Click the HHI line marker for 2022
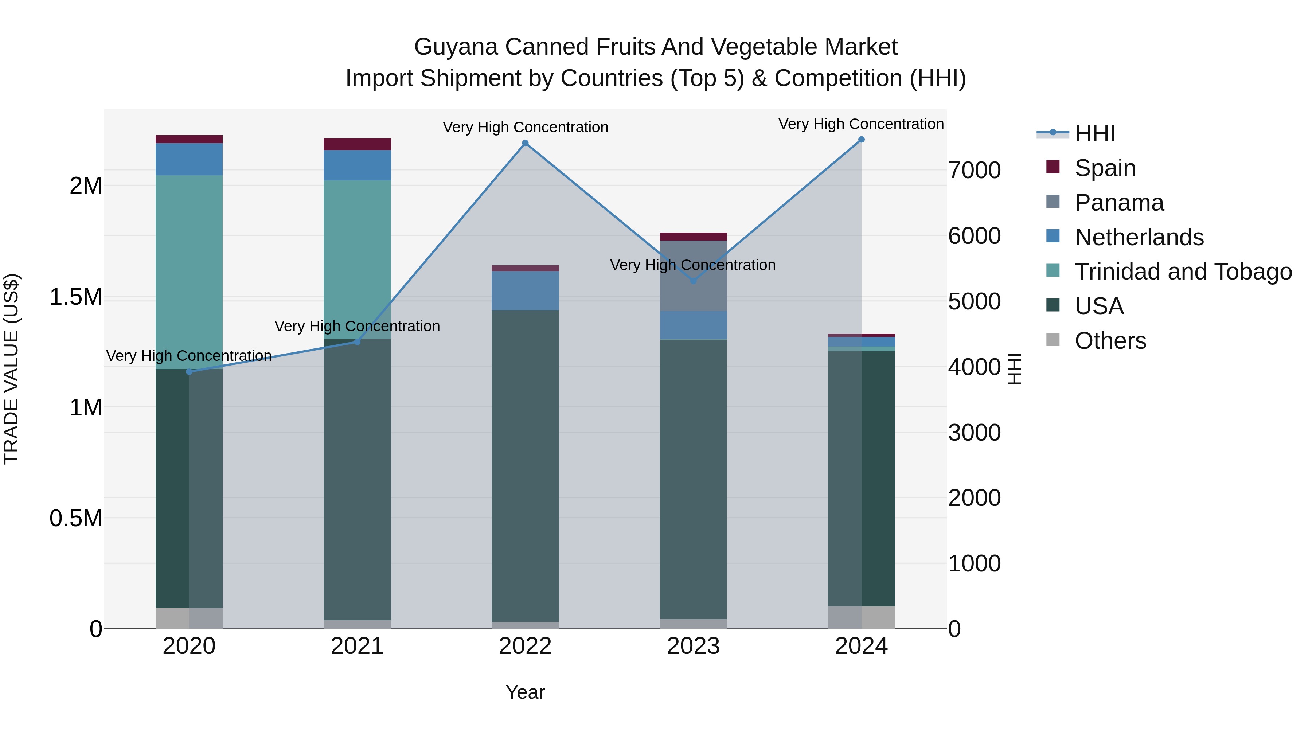(525, 143)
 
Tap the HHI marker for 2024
(861, 140)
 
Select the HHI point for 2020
(189, 372)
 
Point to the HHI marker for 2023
(693, 281)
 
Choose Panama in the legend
(1119, 203)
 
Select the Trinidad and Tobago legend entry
(1183, 272)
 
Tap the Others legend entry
(1110, 341)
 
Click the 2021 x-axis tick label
(357, 646)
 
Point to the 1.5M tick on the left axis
(76, 297)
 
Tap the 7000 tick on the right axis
(974, 170)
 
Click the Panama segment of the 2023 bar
(693, 276)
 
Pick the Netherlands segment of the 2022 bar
(525, 290)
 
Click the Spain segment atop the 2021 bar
(357, 144)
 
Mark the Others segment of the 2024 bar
(861, 617)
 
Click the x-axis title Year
(525, 692)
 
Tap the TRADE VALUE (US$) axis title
(11, 369)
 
